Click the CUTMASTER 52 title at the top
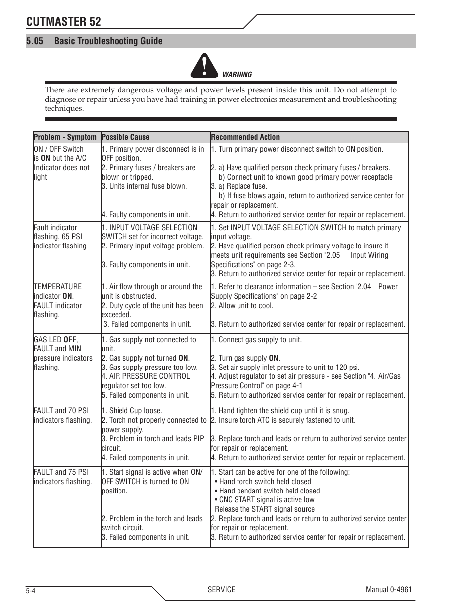(x=63, y=22)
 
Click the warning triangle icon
(x=203, y=65)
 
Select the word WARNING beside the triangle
(x=237, y=75)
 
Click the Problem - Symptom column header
(x=65, y=137)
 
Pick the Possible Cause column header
(x=125, y=137)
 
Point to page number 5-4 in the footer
(x=30, y=591)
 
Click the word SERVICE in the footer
(x=221, y=589)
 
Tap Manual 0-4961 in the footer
(x=388, y=589)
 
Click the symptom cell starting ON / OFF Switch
(x=62, y=163)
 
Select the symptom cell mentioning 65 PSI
(x=60, y=237)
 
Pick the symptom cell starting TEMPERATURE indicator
(x=58, y=301)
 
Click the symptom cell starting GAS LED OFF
(x=63, y=353)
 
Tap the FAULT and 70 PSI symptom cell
(x=63, y=415)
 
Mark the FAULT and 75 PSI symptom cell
(x=63, y=477)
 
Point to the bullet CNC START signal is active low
(x=266, y=500)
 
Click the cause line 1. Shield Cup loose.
(x=131, y=411)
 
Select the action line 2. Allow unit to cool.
(x=242, y=306)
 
